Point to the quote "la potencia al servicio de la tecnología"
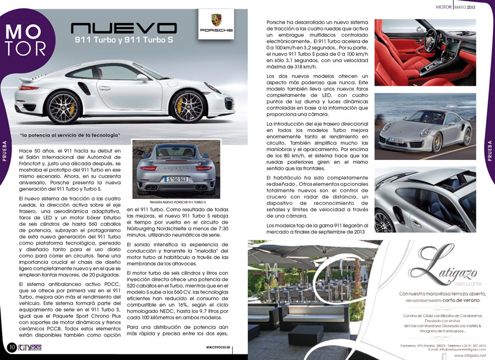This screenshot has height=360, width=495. tap(70, 135)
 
